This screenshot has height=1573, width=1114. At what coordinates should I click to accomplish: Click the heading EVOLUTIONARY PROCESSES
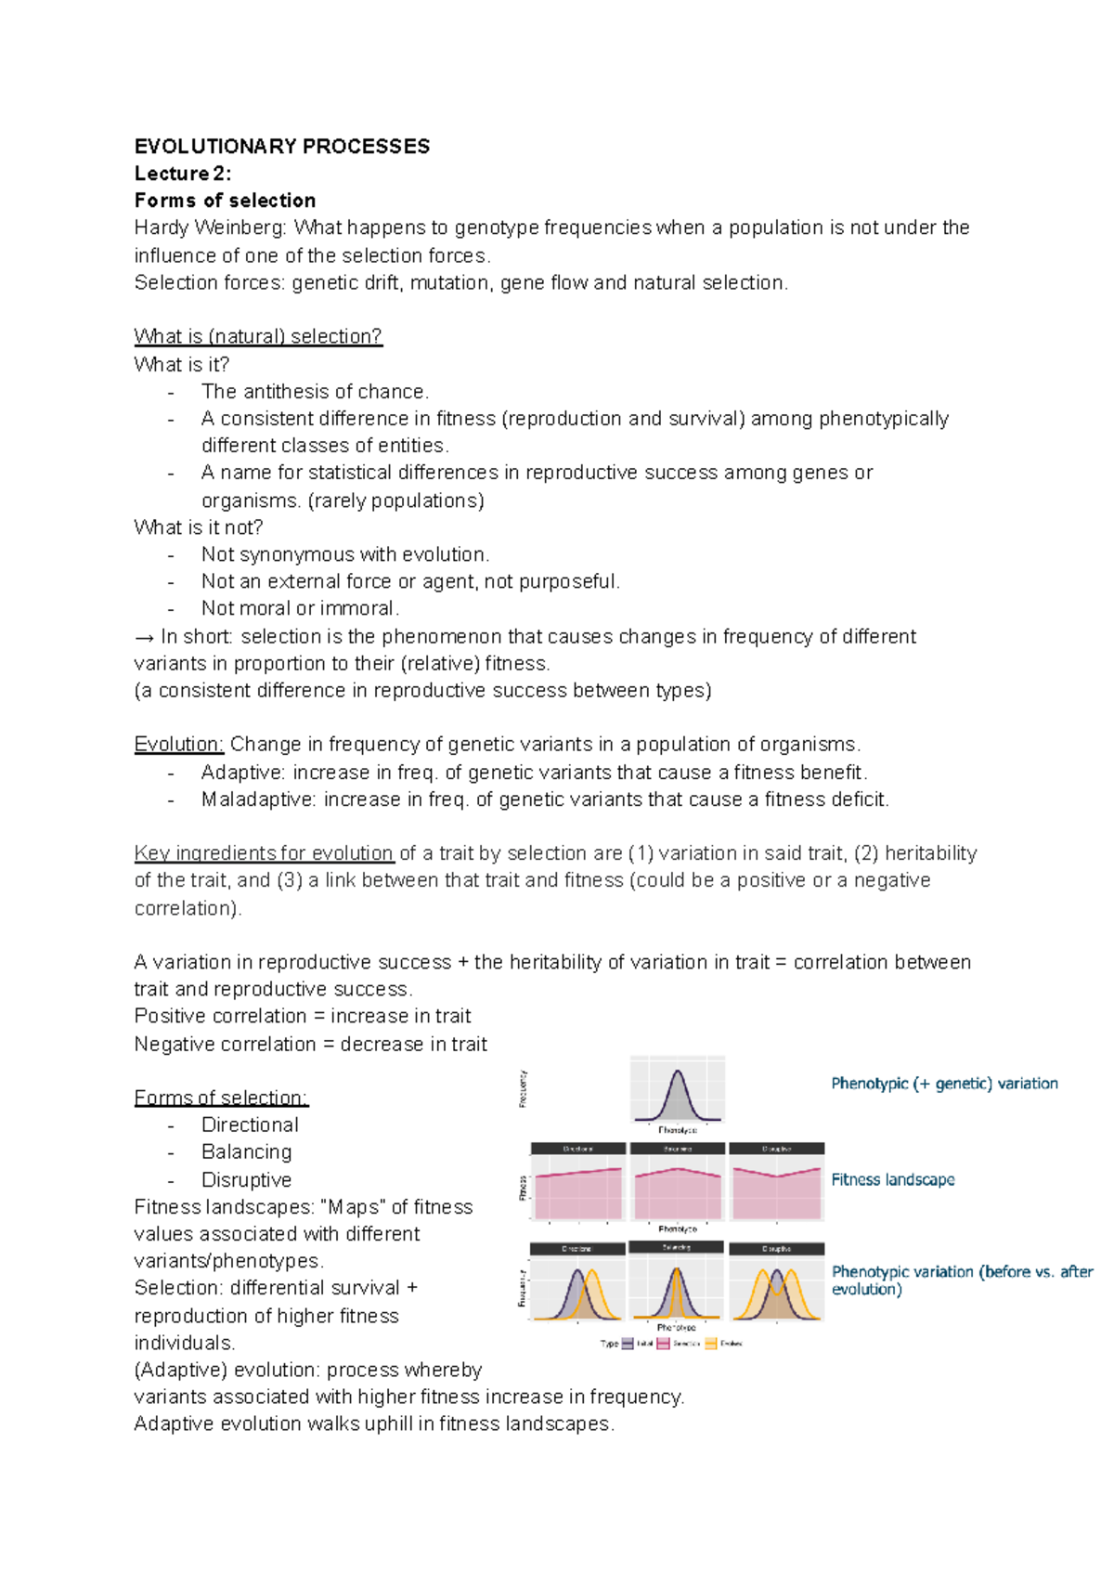coord(281,147)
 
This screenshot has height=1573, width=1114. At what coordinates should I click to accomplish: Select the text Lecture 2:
coord(182,174)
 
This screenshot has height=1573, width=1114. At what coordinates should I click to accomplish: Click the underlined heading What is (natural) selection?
coord(257,336)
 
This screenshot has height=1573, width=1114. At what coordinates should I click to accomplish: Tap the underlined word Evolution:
coord(179,745)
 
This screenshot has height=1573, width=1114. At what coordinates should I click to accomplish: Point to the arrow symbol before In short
coord(144,637)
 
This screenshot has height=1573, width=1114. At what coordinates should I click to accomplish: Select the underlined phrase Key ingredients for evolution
coord(264,853)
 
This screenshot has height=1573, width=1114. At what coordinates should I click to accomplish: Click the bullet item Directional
coord(250,1124)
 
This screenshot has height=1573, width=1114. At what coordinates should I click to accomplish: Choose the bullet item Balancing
coord(246,1151)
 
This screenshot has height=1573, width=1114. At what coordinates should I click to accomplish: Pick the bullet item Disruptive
coord(246,1179)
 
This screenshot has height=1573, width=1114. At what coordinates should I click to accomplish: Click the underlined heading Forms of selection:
coord(221,1098)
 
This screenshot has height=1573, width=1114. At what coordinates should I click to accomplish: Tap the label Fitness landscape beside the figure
coord(892,1179)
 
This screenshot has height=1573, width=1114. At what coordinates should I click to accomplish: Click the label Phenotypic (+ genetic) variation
coord(944,1083)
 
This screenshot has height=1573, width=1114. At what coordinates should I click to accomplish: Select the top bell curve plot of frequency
coord(677,1092)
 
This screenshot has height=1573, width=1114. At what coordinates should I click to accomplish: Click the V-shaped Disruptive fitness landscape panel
coord(777,1183)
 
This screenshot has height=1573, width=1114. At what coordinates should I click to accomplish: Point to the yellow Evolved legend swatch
coord(711,1343)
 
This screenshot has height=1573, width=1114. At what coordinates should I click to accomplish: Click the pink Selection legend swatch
coord(663,1343)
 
